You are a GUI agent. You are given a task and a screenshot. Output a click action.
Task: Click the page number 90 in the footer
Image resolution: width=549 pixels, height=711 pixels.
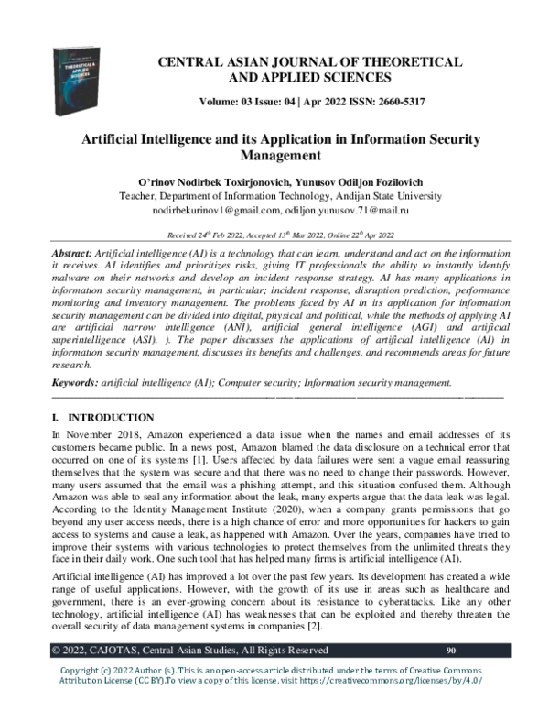click(450, 651)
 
